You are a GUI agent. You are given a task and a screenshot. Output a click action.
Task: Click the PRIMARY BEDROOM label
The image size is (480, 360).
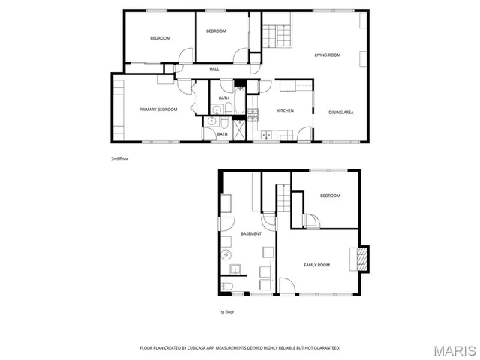coord(158,110)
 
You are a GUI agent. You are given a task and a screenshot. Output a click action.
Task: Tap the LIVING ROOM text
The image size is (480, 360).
coord(328,55)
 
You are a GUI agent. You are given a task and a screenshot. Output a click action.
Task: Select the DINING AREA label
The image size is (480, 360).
coord(341,112)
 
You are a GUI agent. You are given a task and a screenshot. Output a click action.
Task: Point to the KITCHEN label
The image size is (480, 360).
coord(285,111)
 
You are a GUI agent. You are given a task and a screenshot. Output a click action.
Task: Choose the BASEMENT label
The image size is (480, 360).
coord(251,235)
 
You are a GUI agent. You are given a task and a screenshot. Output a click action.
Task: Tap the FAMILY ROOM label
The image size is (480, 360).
coord(316,265)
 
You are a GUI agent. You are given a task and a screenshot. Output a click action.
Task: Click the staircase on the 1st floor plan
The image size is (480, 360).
coord(283,201)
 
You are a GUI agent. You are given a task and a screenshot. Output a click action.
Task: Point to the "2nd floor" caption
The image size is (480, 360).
coord(120,159)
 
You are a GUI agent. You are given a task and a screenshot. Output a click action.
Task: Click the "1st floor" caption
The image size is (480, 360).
coord(226,311)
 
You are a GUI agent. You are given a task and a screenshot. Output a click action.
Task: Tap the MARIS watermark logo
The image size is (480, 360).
coord(454,350)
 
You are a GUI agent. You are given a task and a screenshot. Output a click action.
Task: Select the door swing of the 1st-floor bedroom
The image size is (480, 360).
coord(313,221)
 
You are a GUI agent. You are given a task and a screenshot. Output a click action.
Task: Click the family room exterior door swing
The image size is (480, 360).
coord(287,286)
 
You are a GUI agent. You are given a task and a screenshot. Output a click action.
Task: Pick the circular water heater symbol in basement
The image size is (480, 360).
coord(226,253)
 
